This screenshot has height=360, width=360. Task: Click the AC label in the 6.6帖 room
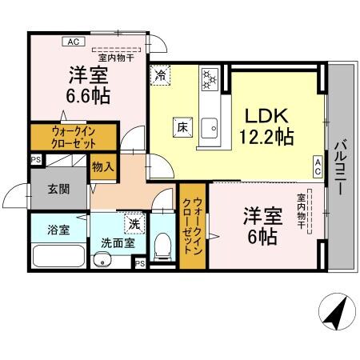coord(73,42)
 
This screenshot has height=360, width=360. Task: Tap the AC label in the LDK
coord(318,166)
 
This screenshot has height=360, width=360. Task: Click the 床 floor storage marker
coord(181,126)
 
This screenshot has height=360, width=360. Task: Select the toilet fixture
coord(162,243)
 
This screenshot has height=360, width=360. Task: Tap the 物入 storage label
coord(102,168)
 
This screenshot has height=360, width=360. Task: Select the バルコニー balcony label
coord(338,168)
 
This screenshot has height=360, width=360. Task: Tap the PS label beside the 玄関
coord(35,160)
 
